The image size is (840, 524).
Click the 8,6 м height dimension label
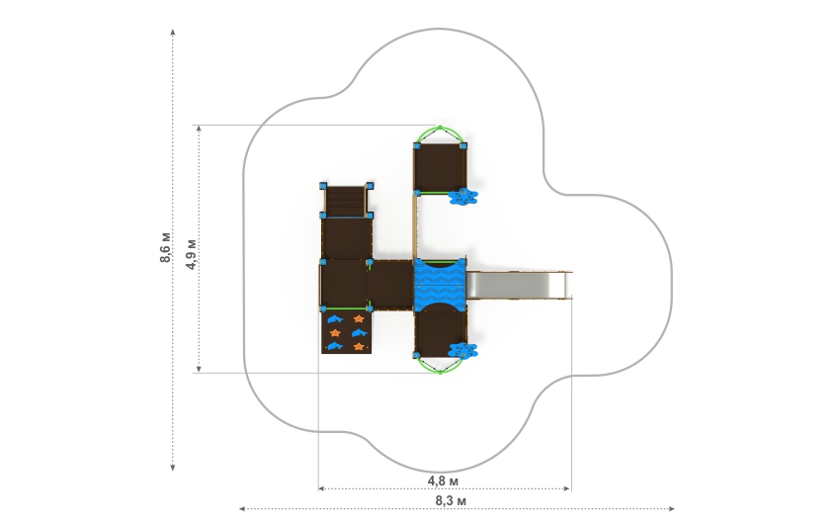tap(166, 247)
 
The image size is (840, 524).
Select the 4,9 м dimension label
tap(192, 254)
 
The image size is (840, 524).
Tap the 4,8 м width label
tap(443, 481)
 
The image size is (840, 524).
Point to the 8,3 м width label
tap(450, 501)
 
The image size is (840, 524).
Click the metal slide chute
tap(519, 285)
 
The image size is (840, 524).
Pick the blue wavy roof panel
tap(440, 286)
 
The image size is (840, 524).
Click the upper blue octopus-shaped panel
tap(462, 197)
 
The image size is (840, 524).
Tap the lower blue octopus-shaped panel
tap(462, 351)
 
